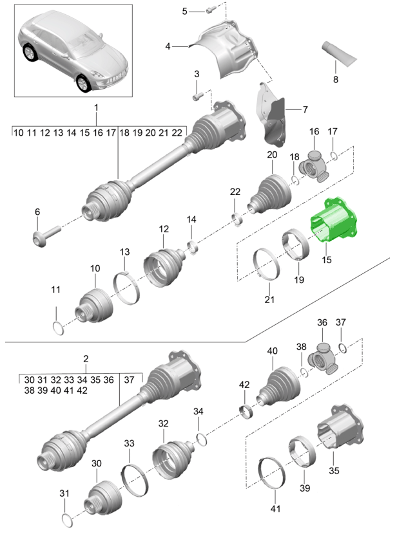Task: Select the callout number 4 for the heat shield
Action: point(168,46)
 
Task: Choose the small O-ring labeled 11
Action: point(57,327)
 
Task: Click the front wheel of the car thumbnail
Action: point(83,84)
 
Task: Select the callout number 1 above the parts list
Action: point(96,107)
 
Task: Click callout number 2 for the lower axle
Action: point(86,358)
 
